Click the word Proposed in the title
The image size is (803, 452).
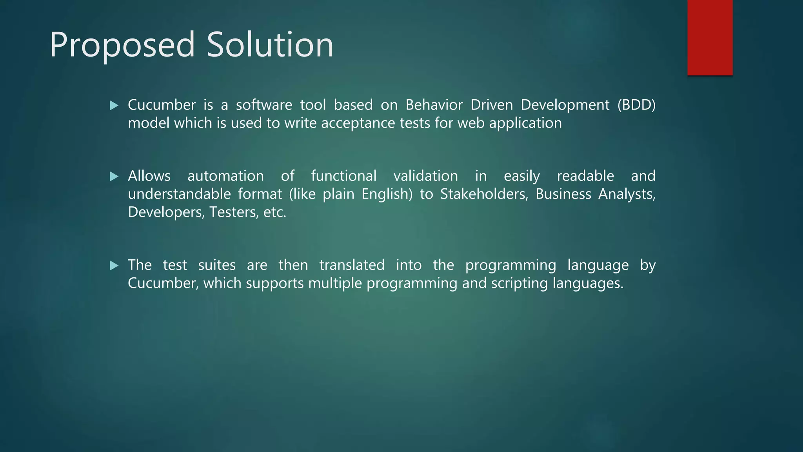click(122, 45)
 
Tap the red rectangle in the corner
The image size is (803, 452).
click(710, 37)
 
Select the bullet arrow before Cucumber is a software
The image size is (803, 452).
click(114, 106)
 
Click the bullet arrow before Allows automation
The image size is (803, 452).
click(114, 177)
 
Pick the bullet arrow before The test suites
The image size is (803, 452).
click(114, 266)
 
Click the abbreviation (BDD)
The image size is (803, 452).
click(636, 105)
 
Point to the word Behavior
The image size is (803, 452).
click(434, 105)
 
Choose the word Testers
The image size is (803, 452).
click(234, 212)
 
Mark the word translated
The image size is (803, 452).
click(352, 265)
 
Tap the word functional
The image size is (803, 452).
click(343, 176)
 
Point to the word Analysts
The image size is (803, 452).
click(627, 194)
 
